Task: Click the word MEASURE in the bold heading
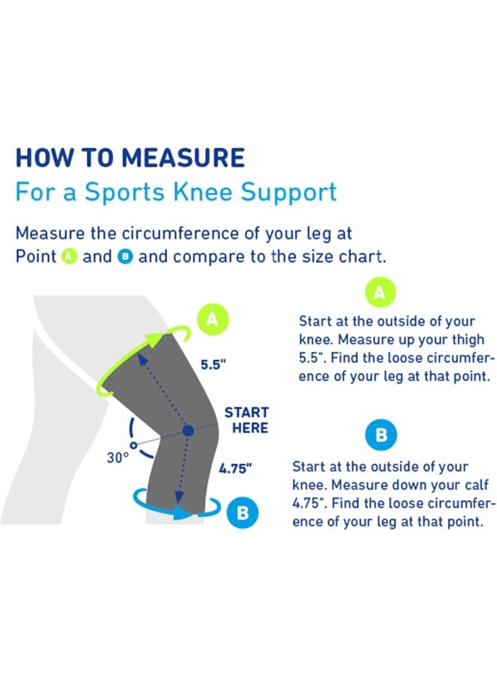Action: click(x=183, y=158)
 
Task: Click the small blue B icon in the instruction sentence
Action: click(x=125, y=256)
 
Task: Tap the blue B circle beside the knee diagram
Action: click(x=242, y=513)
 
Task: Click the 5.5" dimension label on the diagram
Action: click(x=213, y=365)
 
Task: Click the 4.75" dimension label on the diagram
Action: click(x=235, y=468)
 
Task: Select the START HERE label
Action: click(x=246, y=420)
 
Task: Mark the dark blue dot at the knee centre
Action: click(x=188, y=430)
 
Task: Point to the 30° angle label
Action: click(x=117, y=457)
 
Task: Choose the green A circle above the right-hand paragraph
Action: click(x=381, y=293)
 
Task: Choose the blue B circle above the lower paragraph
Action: click(x=381, y=435)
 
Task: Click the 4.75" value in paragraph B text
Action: click(x=309, y=503)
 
